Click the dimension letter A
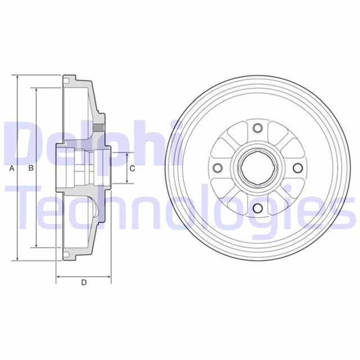[12, 169]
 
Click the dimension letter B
[31, 168]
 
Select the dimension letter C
[132, 169]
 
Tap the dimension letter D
[84, 282]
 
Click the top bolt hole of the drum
[258, 128]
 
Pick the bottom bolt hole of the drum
[258, 208]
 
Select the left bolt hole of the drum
[218, 168]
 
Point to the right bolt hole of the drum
[298, 168]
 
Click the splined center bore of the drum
[258, 168]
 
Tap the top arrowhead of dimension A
[17, 77]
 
